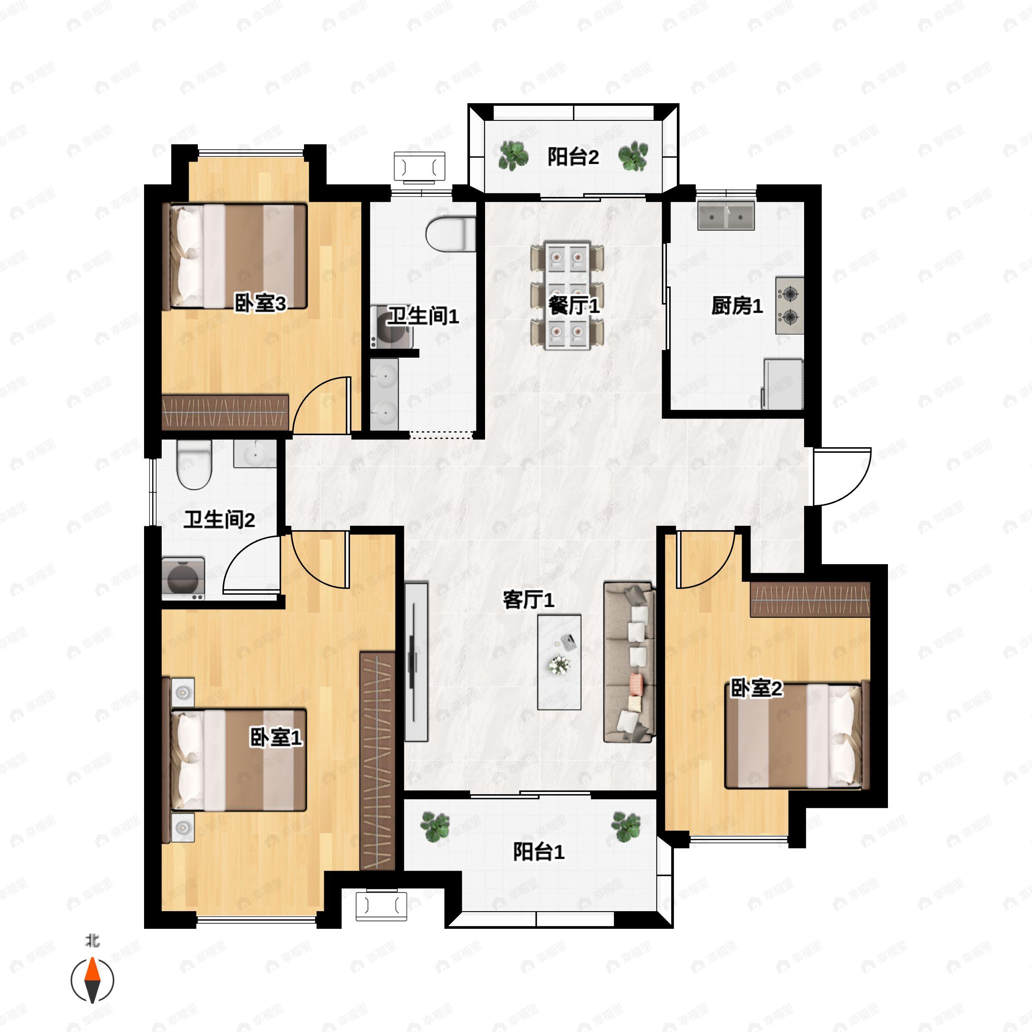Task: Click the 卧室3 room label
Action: point(261,304)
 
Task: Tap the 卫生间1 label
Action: point(423,316)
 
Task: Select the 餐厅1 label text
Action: point(574,306)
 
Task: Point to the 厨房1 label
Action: point(737,306)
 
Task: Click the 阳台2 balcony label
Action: point(573,157)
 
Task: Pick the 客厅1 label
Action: point(529,600)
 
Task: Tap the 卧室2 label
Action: point(756,688)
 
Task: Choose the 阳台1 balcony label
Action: point(539,851)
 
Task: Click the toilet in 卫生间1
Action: point(450,234)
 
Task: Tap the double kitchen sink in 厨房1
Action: point(726,216)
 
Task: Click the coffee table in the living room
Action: point(559,662)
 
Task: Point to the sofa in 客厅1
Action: point(629,662)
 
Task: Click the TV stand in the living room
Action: point(416,662)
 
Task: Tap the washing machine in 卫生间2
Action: point(183,578)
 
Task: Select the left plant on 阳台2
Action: point(513,156)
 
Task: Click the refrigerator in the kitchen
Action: point(783,384)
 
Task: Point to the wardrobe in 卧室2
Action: point(810,599)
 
